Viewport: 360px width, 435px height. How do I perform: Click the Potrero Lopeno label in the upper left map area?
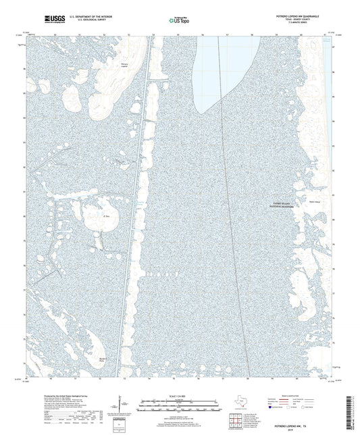(123, 66)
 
